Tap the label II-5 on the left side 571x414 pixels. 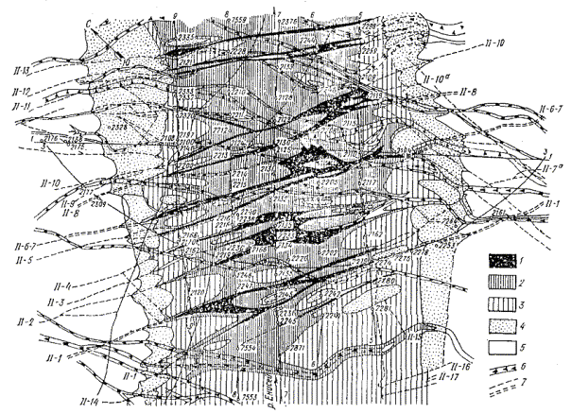(22, 255)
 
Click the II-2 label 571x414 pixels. (23, 322)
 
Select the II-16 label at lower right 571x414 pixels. (456, 367)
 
